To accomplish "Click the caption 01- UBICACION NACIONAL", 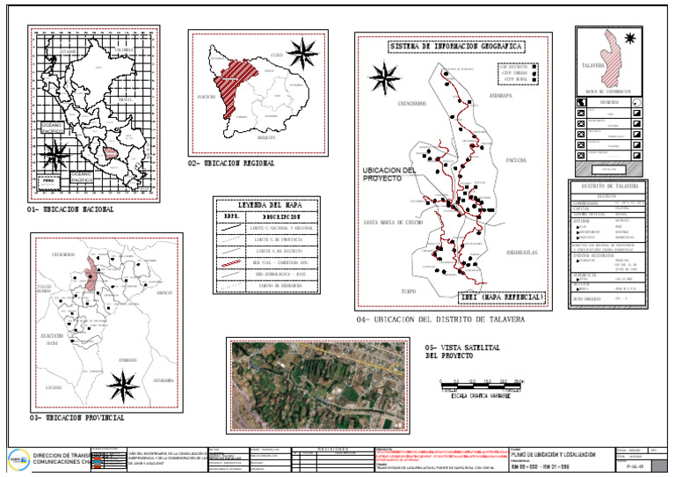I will (x=70, y=210).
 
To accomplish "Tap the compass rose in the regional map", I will (x=302, y=53).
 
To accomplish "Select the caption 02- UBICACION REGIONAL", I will (x=231, y=164).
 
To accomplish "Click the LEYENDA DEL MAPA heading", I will (x=265, y=203).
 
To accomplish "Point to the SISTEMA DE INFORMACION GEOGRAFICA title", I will (x=454, y=45).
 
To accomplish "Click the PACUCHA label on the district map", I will (x=516, y=160).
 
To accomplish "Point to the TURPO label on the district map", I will (x=407, y=290).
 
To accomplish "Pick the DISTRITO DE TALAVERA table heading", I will (x=613, y=187).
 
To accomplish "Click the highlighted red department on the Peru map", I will (x=111, y=153).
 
